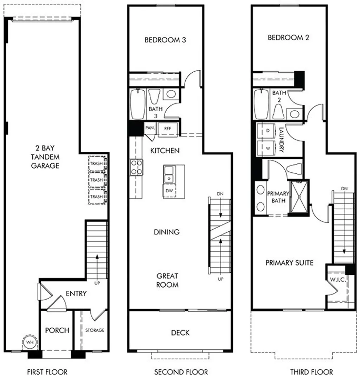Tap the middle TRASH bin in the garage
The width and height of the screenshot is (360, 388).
[x=97, y=180]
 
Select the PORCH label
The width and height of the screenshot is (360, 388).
[x=57, y=330]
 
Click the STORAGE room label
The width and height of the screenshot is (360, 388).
[x=95, y=330]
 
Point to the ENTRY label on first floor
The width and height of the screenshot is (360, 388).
[x=76, y=294]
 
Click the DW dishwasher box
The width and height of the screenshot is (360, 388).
[x=169, y=191]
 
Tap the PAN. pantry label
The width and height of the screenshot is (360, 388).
[x=150, y=129]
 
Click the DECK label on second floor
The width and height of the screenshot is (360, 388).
[x=180, y=333]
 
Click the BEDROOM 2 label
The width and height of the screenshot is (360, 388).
[x=288, y=38]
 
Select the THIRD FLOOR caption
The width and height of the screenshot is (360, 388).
[x=311, y=372]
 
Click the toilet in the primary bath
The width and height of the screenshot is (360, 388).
[x=294, y=169]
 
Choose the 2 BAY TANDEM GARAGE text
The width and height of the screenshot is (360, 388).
[x=45, y=157]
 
